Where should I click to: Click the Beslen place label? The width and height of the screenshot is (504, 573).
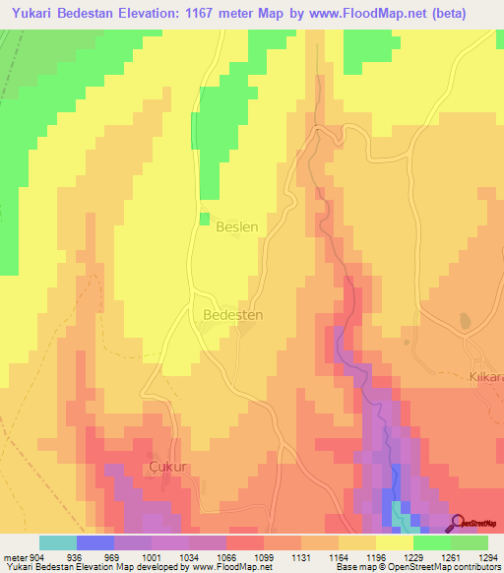pyautogui.click(x=236, y=226)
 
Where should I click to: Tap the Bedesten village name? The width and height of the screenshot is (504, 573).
pyautogui.click(x=232, y=315)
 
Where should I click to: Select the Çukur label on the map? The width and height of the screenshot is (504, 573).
pyautogui.click(x=166, y=465)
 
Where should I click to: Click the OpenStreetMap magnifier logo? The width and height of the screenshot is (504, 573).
pyautogui.click(x=460, y=523)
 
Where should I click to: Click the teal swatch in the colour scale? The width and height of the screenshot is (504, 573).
pyautogui.click(x=58, y=542)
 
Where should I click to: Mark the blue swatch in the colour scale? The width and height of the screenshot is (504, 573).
pyautogui.click(x=95, y=542)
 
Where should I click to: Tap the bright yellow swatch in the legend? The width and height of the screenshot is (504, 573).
pyautogui.click(x=395, y=542)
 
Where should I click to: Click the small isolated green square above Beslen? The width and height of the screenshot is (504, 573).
pyautogui.click(x=205, y=219)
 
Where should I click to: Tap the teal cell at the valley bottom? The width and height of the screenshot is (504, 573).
pyautogui.click(x=402, y=513)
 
